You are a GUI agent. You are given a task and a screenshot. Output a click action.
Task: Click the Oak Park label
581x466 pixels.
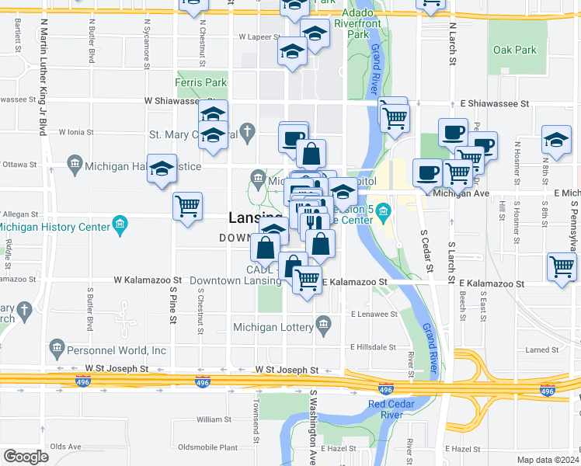514,50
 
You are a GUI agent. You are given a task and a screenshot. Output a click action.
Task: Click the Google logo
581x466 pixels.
26,457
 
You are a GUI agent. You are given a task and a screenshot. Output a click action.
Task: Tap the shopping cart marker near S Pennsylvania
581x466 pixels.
562,266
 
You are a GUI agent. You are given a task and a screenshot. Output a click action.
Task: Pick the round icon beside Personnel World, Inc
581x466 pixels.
56,346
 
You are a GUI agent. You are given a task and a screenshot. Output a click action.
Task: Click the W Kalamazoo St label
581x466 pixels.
147,280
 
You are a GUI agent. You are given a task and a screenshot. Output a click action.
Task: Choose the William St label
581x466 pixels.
209,419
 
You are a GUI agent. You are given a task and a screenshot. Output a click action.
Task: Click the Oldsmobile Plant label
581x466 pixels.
207,447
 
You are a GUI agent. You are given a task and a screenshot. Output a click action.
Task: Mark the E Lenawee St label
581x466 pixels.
374,315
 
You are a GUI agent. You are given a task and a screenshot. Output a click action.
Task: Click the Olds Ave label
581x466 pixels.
65,447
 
